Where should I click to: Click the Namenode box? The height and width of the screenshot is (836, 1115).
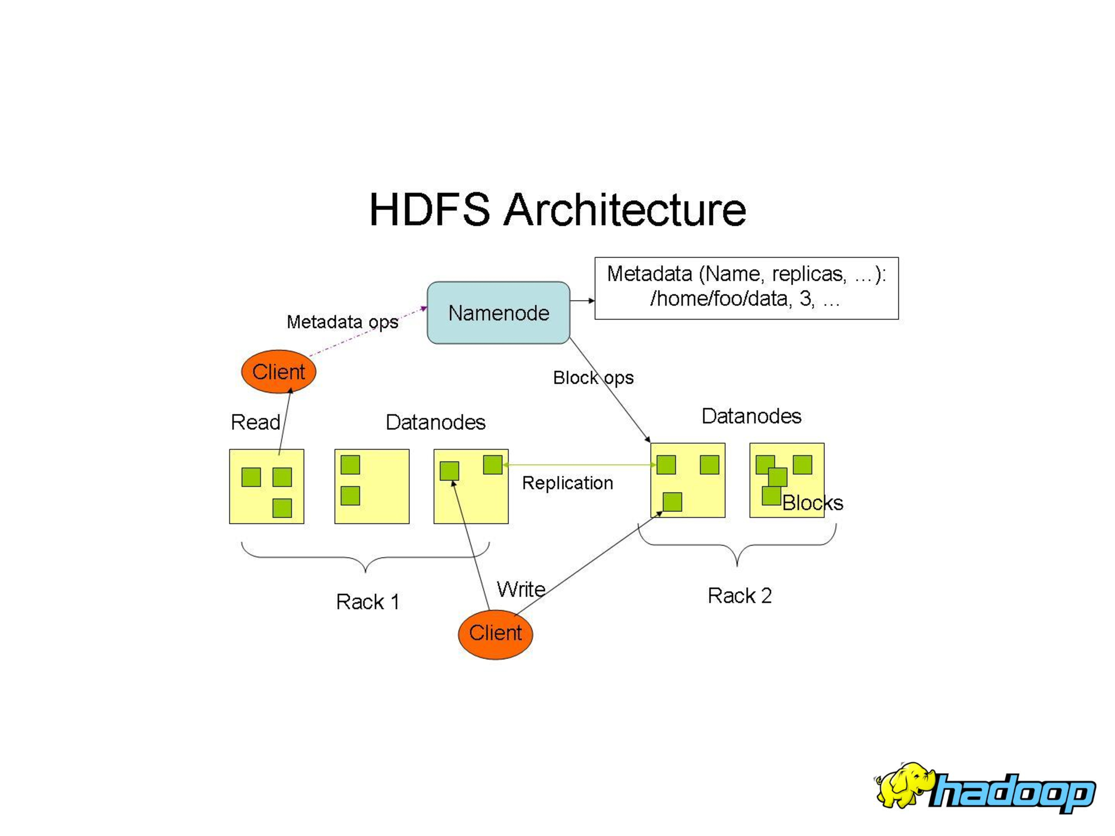[x=498, y=312]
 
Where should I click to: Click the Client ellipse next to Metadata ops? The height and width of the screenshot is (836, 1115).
[x=278, y=372]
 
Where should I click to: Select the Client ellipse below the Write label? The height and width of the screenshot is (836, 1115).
[x=495, y=634]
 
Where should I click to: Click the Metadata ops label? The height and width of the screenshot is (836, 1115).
[x=342, y=321]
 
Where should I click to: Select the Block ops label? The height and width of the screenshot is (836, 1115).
[x=593, y=378]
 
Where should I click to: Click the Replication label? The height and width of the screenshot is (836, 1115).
[x=567, y=483]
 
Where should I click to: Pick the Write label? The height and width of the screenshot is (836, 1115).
[x=521, y=589]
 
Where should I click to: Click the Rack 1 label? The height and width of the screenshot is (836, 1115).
[x=368, y=601]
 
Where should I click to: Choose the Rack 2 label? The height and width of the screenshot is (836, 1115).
[x=740, y=595]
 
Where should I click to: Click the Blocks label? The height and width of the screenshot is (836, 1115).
[x=812, y=503]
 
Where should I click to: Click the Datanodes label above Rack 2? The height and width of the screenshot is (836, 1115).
[x=751, y=416]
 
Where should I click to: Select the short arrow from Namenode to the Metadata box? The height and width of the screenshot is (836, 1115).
[x=582, y=301]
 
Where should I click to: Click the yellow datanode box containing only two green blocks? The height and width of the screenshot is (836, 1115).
[x=372, y=486]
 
